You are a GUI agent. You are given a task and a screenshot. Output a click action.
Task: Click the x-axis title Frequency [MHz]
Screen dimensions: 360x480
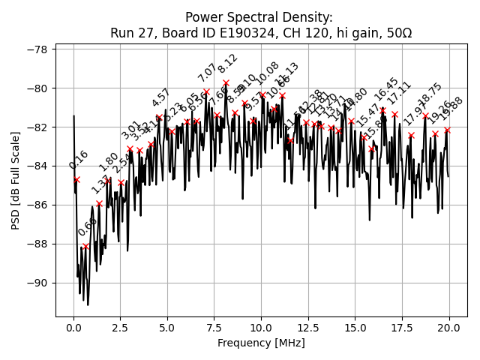261,343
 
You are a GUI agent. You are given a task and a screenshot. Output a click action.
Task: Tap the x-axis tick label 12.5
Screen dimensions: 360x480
308,327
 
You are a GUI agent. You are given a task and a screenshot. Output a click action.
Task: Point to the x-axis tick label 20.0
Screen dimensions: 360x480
449,327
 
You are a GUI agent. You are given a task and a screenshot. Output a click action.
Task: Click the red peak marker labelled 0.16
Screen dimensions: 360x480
76,179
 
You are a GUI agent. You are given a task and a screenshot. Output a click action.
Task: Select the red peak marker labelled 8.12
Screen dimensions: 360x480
226,82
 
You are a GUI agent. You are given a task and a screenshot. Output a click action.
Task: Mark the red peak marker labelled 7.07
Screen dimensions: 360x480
206,91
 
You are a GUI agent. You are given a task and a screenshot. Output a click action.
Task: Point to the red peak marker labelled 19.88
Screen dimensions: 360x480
447,130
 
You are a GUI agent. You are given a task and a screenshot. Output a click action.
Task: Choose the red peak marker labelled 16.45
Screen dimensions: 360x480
382,110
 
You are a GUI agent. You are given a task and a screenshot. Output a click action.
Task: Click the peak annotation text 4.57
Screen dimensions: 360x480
161,98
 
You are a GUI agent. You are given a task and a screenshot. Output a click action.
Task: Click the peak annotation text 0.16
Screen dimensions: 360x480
79,160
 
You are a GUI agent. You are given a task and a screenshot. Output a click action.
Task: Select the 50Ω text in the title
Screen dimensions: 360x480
397,33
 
